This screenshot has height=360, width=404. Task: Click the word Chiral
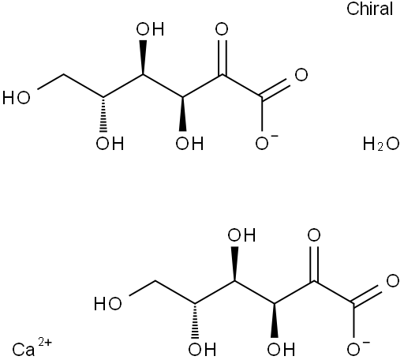pos(369,9)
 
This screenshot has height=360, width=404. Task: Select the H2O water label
pos(381,144)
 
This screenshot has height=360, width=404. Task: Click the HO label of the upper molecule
pos(17,98)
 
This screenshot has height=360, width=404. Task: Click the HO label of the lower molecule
pos(108,303)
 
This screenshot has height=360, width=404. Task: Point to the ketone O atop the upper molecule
pos(222,29)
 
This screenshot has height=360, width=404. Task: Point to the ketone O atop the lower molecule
pos(314,235)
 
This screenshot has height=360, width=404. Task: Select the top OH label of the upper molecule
pos(150,29)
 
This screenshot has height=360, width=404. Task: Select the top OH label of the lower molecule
pos(241,235)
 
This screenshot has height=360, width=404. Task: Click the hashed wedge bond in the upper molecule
pos(103,114)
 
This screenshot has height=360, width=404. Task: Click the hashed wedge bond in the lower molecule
pos(195,321)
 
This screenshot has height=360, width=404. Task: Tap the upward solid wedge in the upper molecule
pos(143,58)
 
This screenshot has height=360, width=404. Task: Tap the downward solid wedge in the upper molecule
pos(183,114)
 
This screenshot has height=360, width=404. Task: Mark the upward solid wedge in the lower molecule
pos(234,264)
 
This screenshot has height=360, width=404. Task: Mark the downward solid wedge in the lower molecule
pos(275,321)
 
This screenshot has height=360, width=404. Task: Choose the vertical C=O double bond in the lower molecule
pos(314,264)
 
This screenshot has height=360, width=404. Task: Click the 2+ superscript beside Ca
pos(45,343)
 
